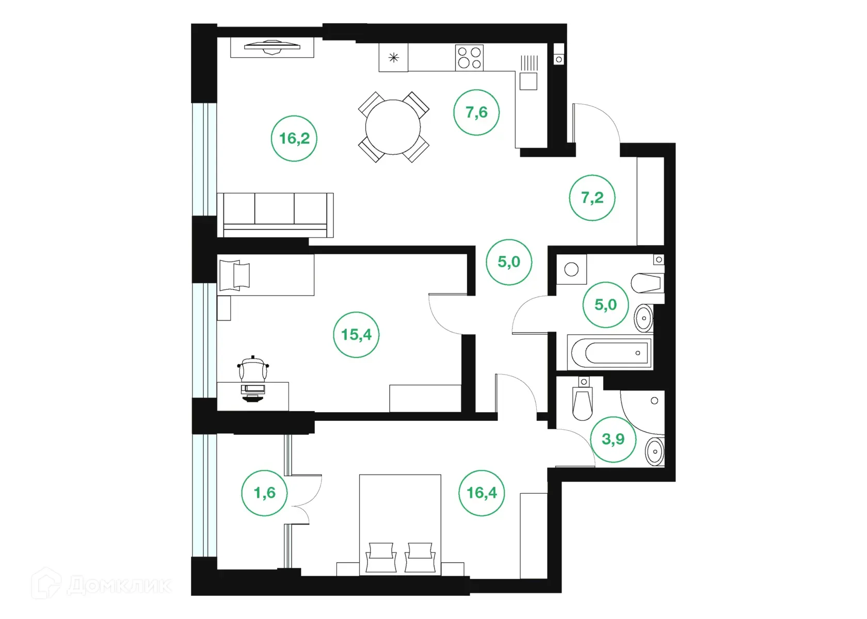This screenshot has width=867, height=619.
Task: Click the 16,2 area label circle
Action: [294, 138]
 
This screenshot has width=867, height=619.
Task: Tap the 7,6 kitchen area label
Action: [476, 112]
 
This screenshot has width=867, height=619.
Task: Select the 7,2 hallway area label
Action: [592, 198]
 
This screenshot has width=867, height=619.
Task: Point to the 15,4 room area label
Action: [356, 335]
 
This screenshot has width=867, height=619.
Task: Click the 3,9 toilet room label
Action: [613, 439]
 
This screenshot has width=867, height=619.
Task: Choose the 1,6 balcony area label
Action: [264, 493]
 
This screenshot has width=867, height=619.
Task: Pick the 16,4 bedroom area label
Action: [481, 493]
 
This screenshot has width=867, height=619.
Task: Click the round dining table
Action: [394, 127]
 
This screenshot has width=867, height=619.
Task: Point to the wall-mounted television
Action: [272, 47]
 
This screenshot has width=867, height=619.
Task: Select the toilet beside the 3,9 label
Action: [583, 402]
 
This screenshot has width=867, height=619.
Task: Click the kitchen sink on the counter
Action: [528, 82]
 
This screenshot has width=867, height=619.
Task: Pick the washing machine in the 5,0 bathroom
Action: [571, 270]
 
